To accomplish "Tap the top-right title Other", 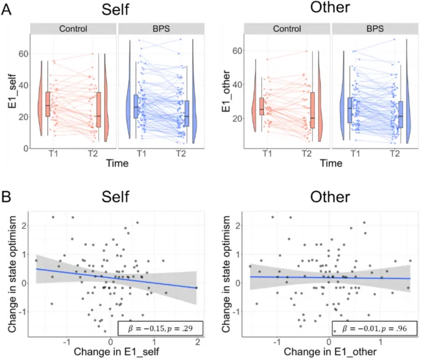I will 326,10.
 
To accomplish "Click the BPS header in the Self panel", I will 160,29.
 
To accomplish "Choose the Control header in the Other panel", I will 286,29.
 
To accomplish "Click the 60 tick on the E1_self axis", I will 22,53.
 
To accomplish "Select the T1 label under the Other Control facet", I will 266,154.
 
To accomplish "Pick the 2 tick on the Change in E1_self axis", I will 196,341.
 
